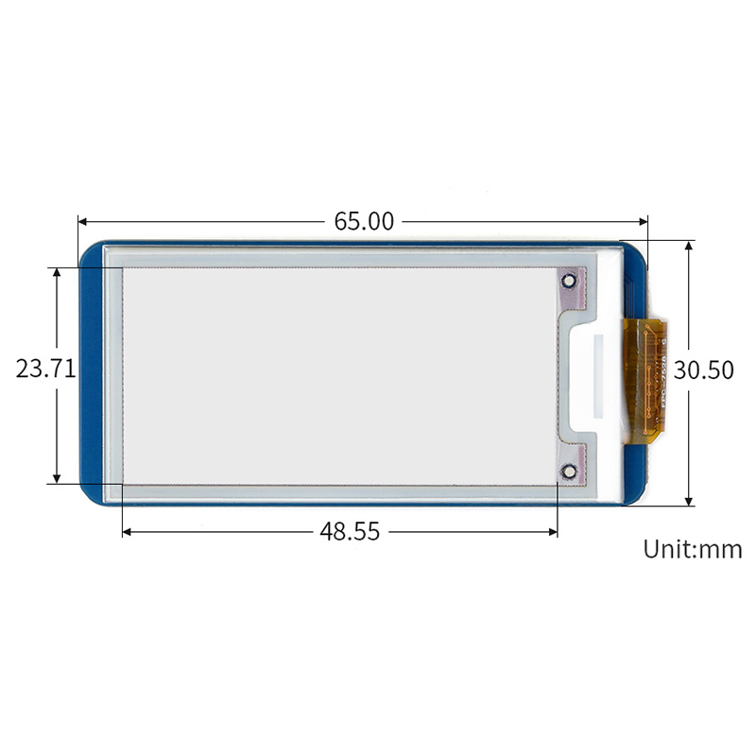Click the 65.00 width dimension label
click(x=364, y=221)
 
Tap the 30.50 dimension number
click(x=705, y=370)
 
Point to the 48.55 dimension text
click(x=350, y=532)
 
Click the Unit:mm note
click(x=693, y=549)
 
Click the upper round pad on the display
click(x=569, y=282)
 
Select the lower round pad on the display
click(x=569, y=472)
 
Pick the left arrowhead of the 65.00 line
click(x=82, y=222)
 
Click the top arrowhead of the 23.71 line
click(x=58, y=272)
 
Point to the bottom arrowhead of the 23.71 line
click(x=58, y=479)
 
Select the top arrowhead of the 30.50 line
click(x=689, y=245)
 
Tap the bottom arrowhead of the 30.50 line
click(x=689, y=500)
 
